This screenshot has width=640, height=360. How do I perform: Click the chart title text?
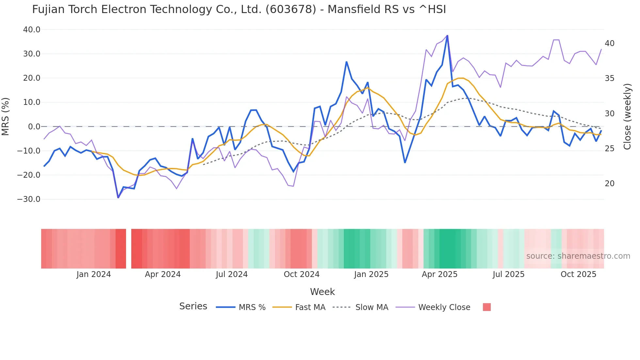pyautogui.click(x=239, y=9)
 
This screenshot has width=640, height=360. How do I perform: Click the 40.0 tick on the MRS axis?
pyautogui.click(x=32, y=30)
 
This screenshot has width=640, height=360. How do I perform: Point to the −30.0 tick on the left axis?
pyautogui.click(x=29, y=199)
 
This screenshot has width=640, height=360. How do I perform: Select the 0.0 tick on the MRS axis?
pyautogui.click(x=34, y=127)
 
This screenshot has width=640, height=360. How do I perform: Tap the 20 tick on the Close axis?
pyautogui.click(x=610, y=184)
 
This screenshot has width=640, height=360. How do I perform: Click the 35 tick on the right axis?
pyautogui.click(x=610, y=78)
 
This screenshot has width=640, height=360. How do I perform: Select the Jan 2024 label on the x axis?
pyautogui.click(x=94, y=274)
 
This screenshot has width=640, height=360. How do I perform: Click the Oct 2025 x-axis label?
pyautogui.click(x=578, y=274)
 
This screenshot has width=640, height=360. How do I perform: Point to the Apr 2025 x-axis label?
pyautogui.click(x=440, y=274)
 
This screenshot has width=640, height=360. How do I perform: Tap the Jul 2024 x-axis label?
pyautogui.click(x=232, y=274)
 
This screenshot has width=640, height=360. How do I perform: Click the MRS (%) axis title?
pyautogui.click(x=6, y=117)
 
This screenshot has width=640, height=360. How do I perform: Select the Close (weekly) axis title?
pyautogui.click(x=627, y=117)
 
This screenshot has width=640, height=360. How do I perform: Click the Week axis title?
pyautogui.click(x=322, y=292)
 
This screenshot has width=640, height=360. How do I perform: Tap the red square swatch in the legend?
pyautogui.click(x=487, y=307)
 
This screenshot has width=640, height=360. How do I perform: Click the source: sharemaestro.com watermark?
pyautogui.click(x=578, y=256)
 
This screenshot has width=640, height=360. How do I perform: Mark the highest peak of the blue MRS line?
pyautogui.click(x=447, y=36)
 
